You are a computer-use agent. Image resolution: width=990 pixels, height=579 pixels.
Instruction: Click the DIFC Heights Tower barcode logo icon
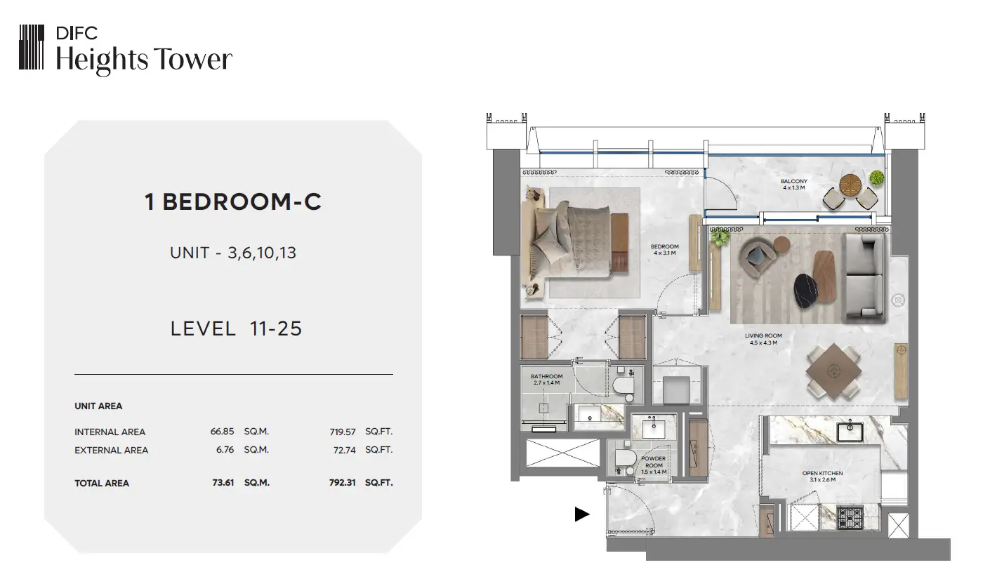click(x=32, y=47)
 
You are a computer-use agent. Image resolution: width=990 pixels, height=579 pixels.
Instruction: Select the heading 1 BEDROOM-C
click(x=233, y=202)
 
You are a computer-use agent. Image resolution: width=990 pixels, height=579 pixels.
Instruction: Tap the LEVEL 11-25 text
click(x=236, y=328)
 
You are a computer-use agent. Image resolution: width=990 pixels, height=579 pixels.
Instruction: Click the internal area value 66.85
click(x=222, y=432)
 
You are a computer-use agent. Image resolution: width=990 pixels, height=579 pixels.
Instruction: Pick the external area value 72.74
click(x=344, y=450)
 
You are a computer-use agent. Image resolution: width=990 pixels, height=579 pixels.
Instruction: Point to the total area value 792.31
click(x=342, y=483)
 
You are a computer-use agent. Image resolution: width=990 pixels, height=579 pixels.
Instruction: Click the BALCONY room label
click(x=794, y=181)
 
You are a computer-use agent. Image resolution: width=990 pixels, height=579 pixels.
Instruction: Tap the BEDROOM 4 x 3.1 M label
click(x=664, y=250)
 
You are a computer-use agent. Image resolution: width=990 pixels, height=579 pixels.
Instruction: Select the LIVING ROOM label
click(x=763, y=335)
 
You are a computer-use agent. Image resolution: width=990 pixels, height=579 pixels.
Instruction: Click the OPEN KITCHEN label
click(x=822, y=473)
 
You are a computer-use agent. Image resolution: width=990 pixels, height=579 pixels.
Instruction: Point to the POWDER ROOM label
click(x=654, y=462)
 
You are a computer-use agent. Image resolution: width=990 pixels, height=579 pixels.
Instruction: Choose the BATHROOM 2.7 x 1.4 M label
click(x=547, y=380)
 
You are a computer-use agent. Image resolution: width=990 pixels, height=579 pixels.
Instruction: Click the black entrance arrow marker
click(x=581, y=514)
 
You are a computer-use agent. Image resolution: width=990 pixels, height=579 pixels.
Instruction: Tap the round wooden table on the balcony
click(x=850, y=185)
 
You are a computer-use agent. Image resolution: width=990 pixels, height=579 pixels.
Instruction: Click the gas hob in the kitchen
click(x=850, y=518)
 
